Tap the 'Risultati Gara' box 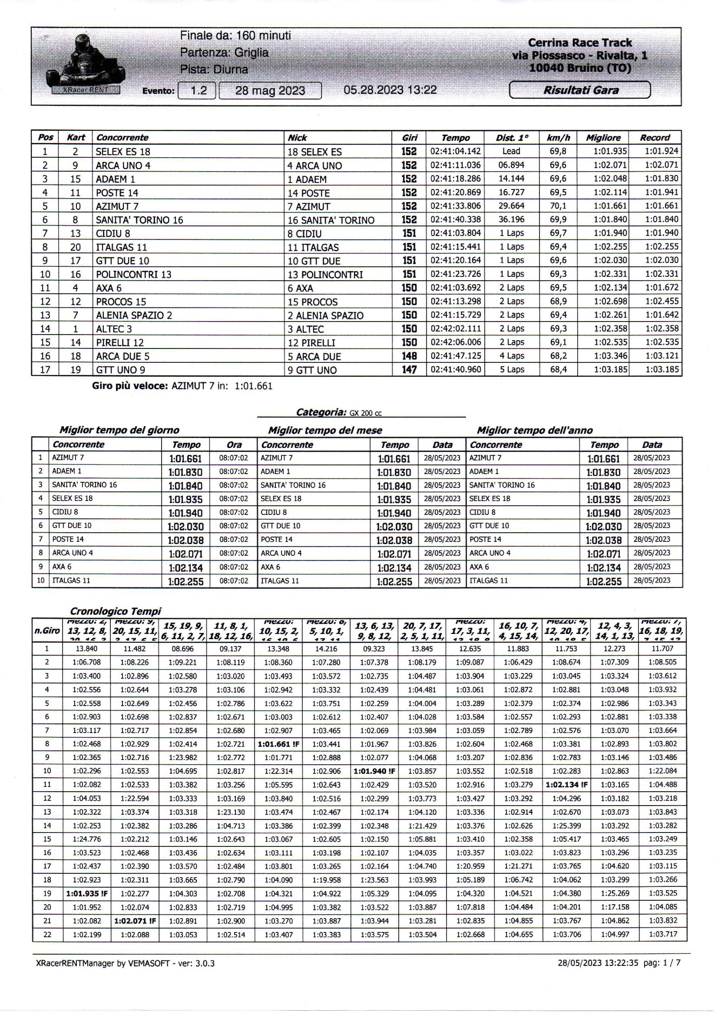click(579, 90)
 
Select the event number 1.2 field click(197, 91)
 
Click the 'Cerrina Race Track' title click(579, 43)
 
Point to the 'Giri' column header click(409, 138)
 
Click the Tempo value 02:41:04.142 click(455, 151)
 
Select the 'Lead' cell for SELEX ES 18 click(511, 151)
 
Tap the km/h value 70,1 click(558, 206)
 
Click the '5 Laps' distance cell click(512, 369)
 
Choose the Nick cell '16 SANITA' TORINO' click(331, 220)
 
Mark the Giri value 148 click(409, 356)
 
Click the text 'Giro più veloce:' click(129, 386)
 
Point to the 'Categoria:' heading click(321, 412)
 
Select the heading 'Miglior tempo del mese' click(325, 430)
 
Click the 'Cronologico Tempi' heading click(116, 611)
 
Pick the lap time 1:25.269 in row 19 click(615, 893)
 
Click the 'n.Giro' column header click(47, 630)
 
